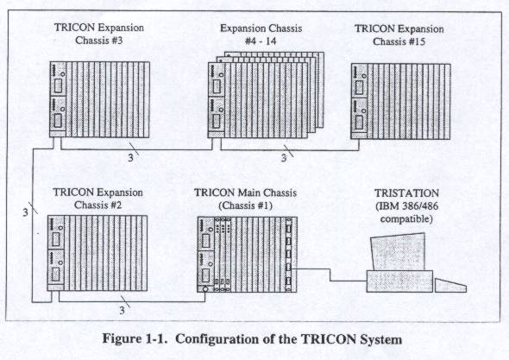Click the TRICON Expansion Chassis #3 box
[x=100, y=99]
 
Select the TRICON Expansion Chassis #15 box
[x=401, y=101]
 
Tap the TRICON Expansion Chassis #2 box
[x=97, y=253]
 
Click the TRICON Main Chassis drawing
[x=247, y=255]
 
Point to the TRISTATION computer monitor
[x=398, y=252]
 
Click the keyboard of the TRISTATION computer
[x=450, y=285]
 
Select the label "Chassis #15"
[x=399, y=41]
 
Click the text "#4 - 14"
[x=261, y=41]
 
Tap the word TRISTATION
[x=406, y=193]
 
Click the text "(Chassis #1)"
[x=245, y=205]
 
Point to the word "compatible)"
[x=406, y=219]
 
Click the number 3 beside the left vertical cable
[x=26, y=212]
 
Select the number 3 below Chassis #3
[x=130, y=158]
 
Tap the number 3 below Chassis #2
[x=122, y=310]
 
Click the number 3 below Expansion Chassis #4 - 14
[x=284, y=158]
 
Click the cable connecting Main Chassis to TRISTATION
[x=330, y=275]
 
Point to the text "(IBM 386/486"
[x=406, y=206]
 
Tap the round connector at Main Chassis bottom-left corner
[x=205, y=289]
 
